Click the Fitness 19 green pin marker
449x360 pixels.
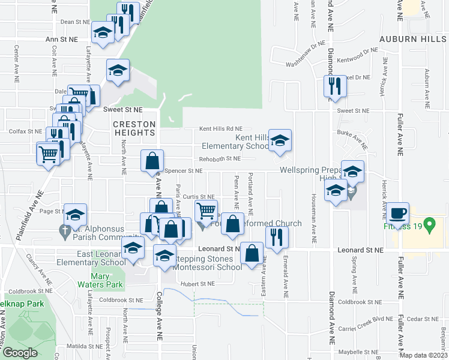pos(429,226)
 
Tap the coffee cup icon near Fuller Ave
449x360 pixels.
pos(397,213)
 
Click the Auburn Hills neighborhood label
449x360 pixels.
pos(414,39)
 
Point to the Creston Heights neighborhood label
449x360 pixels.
pos(134,128)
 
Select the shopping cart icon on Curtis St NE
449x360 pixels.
pos(206,211)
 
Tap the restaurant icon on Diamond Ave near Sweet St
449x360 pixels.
pos(334,86)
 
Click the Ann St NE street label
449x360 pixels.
pos(62,39)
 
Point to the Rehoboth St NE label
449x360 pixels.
pos(220,158)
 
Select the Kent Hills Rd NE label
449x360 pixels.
pos(221,128)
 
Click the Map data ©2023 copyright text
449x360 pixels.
pos(424,356)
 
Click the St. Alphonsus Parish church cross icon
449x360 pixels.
pos(64,229)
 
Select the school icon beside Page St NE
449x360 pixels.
pos(75,215)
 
